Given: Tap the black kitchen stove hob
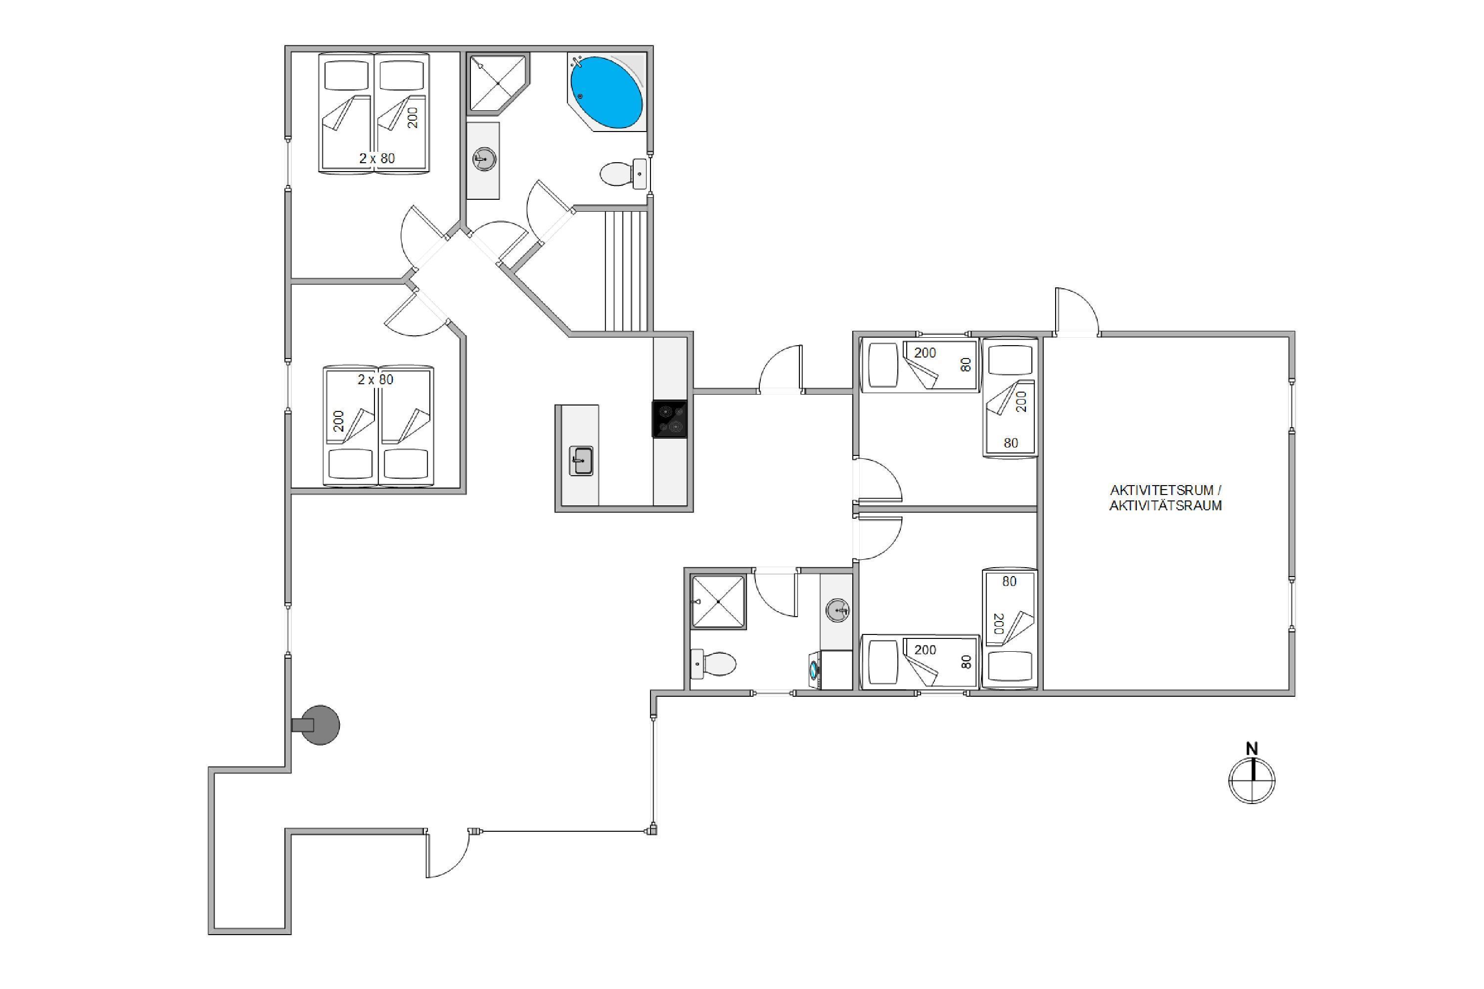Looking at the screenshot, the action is [x=669, y=419].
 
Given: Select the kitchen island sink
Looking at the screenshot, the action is [x=581, y=460].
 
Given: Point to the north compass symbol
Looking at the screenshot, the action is [x=1252, y=781].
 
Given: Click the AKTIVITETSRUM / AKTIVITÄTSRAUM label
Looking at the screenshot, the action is [x=1165, y=497].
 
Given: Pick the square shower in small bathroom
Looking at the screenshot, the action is [x=719, y=602].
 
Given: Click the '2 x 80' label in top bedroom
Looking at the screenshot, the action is [x=376, y=158].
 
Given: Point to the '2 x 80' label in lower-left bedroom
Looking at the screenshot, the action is [x=375, y=379].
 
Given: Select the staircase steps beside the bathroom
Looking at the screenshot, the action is [x=626, y=270].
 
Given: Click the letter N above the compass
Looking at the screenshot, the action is [x=1252, y=749].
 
